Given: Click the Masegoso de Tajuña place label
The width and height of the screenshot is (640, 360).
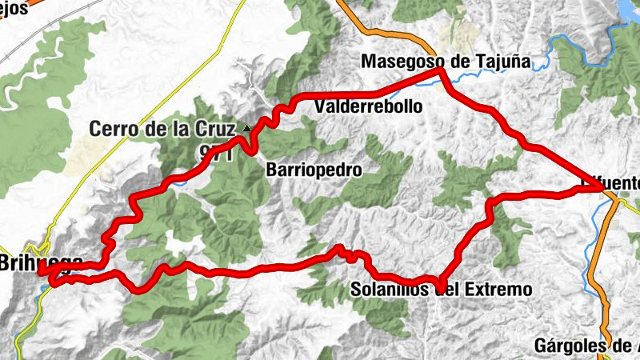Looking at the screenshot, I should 446,61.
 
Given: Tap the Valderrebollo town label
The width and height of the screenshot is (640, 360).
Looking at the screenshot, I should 369,106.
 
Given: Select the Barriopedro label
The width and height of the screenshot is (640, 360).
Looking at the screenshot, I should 314,170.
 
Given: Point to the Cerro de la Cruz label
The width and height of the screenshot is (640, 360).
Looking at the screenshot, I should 162,128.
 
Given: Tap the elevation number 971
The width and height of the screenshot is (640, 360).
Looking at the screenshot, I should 217,153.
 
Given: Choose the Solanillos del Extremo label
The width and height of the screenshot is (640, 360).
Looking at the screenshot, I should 441,289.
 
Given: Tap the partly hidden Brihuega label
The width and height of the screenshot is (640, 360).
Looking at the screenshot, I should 40,262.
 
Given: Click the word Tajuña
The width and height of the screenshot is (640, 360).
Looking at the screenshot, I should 506,61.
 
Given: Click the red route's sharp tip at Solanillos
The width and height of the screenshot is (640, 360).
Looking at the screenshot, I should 441,290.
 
